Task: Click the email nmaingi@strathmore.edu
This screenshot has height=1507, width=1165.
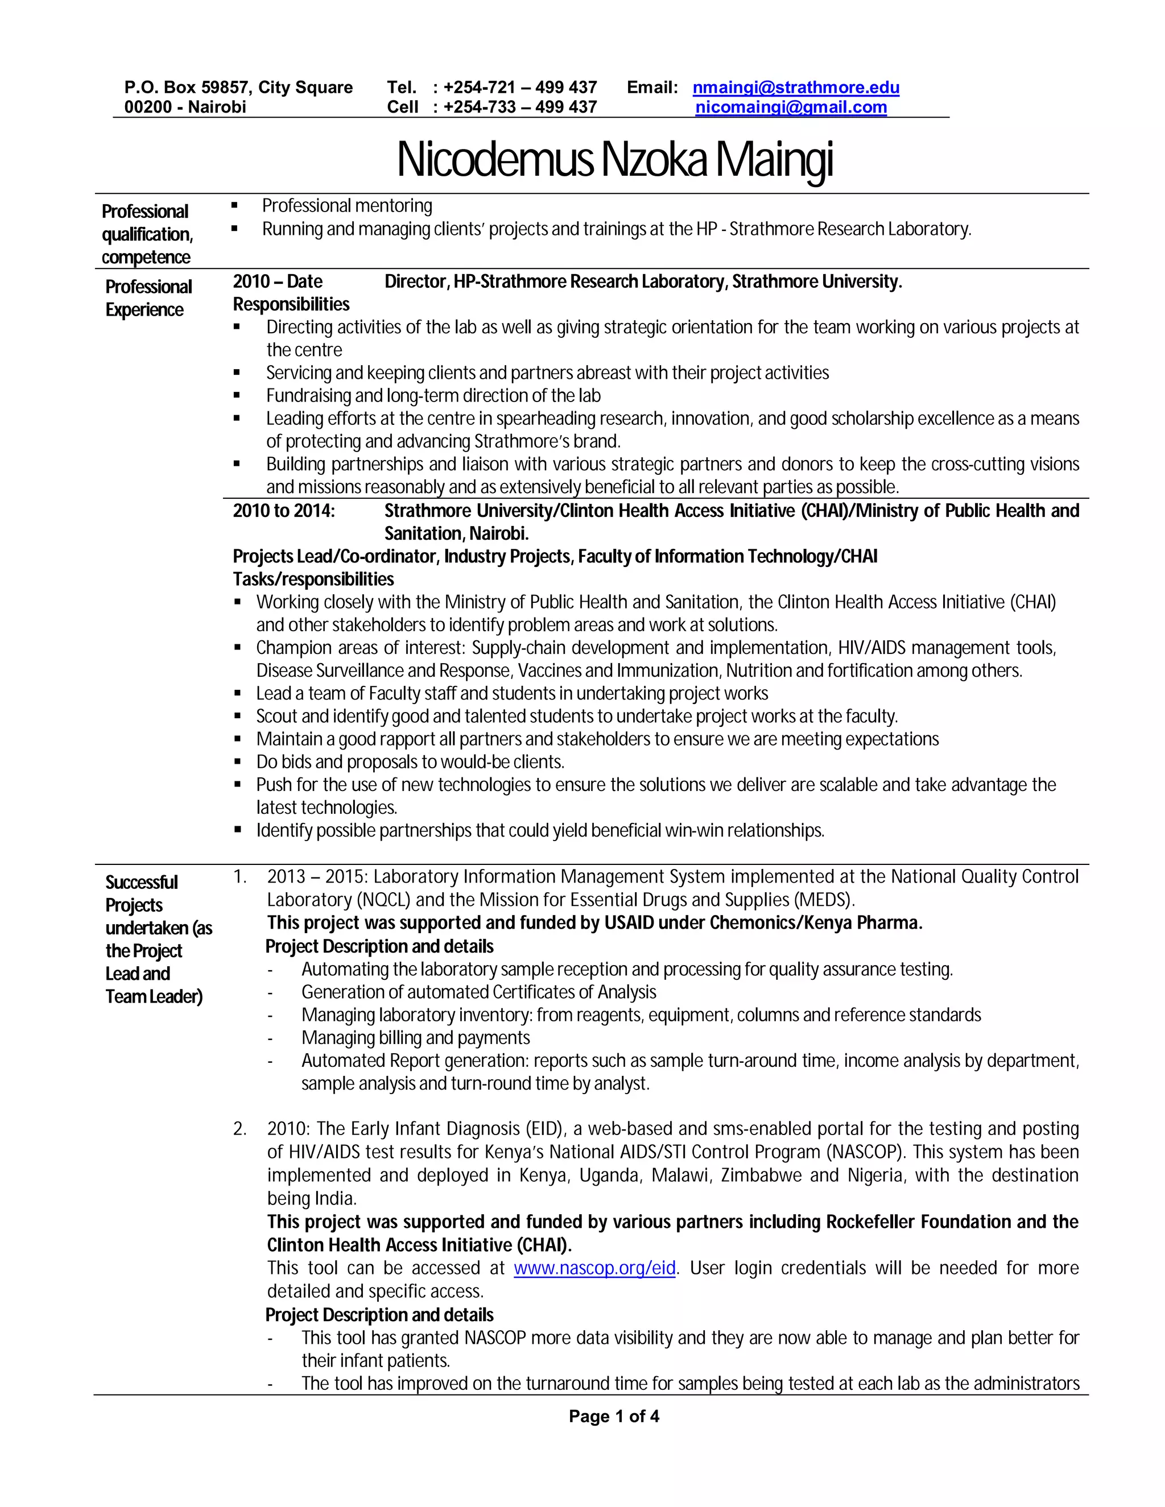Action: pyautogui.click(x=795, y=88)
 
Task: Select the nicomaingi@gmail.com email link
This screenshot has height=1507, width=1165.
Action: pyautogui.click(x=790, y=107)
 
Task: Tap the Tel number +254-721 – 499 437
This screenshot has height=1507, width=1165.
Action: pyautogui.click(x=520, y=88)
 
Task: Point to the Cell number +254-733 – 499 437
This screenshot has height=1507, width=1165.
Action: pyautogui.click(x=520, y=107)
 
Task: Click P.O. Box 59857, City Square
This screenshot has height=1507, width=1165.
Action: pyautogui.click(x=238, y=88)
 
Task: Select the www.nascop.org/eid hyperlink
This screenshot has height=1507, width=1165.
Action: pyautogui.click(x=594, y=1268)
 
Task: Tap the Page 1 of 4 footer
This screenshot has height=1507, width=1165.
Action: pyautogui.click(x=614, y=1417)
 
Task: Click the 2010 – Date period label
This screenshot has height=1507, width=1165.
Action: pyautogui.click(x=278, y=281)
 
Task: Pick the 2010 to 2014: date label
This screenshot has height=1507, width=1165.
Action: pyautogui.click(x=284, y=511)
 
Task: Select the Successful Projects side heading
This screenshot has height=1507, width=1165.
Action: pyautogui.click(x=142, y=893)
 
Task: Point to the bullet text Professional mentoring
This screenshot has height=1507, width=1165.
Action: pyautogui.click(x=346, y=206)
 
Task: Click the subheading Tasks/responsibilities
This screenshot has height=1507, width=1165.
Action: pyautogui.click(x=313, y=579)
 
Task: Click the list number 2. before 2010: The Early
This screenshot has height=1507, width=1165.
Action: pyautogui.click(x=239, y=1129)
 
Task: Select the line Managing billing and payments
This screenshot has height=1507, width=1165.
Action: pyautogui.click(x=415, y=1038)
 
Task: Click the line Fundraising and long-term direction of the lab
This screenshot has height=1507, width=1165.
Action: pyautogui.click(x=433, y=395)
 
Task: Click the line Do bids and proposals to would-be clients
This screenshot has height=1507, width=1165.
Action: pyautogui.click(x=410, y=762)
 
